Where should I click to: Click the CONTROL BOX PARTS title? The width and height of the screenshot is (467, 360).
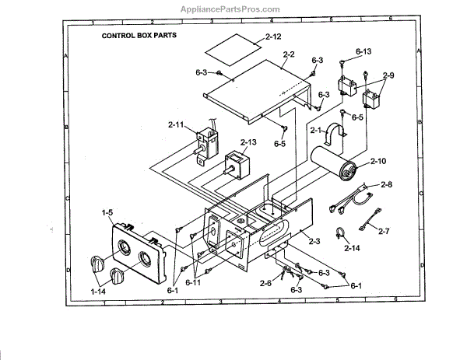(138, 36)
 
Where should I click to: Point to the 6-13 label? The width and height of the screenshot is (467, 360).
(363, 51)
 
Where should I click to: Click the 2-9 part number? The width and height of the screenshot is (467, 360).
(387, 75)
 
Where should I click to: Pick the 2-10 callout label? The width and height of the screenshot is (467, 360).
(378, 161)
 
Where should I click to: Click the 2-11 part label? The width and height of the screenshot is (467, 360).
(177, 124)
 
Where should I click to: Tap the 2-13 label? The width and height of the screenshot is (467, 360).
(248, 142)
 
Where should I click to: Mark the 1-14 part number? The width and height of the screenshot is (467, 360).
(99, 290)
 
